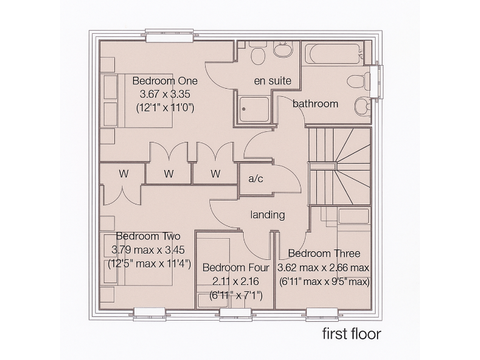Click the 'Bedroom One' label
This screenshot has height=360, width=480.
tap(165, 81)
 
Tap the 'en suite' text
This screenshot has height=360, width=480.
tap(272, 81)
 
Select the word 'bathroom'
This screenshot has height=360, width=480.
tap(316, 104)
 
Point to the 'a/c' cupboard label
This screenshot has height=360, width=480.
tap(256, 179)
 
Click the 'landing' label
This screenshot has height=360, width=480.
tap(267, 215)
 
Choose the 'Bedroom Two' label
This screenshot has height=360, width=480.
tap(148, 236)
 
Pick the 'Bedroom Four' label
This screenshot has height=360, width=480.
tap(236, 268)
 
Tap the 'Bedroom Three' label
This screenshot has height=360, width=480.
tap(324, 254)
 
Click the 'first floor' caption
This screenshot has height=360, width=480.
tap(351, 333)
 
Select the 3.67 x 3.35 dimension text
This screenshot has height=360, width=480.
tap(165, 94)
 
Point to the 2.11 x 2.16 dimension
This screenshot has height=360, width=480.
tap(236, 281)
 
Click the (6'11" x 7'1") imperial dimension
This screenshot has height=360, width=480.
tap(236, 295)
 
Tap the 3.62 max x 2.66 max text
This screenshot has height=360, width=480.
tap(324, 267)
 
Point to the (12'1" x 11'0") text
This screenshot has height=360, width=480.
tap(165, 107)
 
